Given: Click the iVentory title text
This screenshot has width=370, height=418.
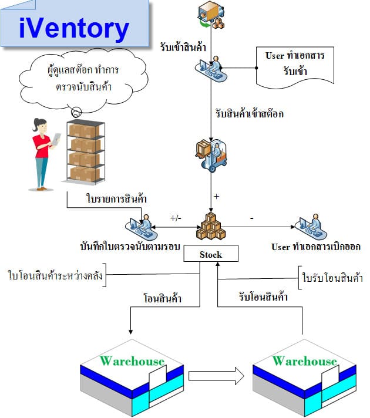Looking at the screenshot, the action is (74, 28).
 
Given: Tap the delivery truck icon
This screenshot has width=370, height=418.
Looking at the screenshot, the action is (211, 14).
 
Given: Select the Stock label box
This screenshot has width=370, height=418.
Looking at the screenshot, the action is (211, 253).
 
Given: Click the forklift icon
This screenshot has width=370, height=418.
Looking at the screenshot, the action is (211, 156).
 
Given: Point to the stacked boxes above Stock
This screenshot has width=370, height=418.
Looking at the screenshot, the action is (211, 226).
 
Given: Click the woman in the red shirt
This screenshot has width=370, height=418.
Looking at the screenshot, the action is (42, 154).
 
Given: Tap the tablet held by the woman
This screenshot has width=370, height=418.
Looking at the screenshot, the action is (56, 139).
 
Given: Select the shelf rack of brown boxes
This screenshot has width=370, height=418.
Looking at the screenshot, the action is (85, 152).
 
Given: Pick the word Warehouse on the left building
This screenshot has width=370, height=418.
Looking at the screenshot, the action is (132, 361).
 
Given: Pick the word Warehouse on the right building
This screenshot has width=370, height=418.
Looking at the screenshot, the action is (305, 361).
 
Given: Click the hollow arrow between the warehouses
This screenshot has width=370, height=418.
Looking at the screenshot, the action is (216, 376).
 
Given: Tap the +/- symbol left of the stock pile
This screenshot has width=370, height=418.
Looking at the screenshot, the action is (176, 218).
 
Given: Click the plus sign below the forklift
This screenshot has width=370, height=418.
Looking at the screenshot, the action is (216, 197).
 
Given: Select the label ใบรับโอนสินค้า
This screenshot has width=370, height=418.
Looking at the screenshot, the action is (332, 278).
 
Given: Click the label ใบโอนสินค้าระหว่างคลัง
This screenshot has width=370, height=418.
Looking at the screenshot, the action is (55, 275).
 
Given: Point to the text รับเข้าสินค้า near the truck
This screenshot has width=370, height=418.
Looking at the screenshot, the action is (183, 47).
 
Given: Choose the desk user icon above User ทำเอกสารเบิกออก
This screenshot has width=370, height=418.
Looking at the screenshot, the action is (311, 227).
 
